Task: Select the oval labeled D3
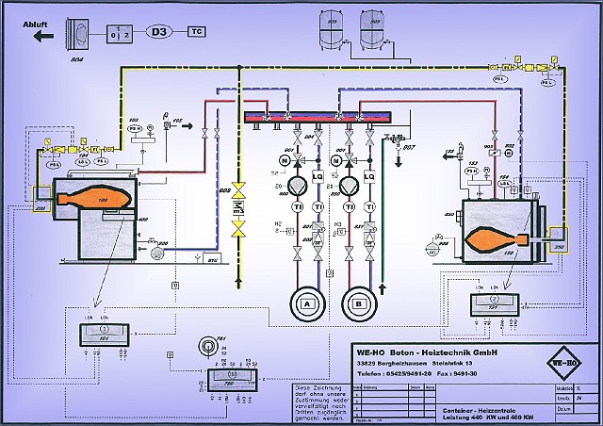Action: click(159, 31)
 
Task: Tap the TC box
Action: click(200, 31)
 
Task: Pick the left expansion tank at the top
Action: click(331, 32)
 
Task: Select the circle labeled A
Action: click(307, 305)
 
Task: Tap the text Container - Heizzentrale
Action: click(481, 410)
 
